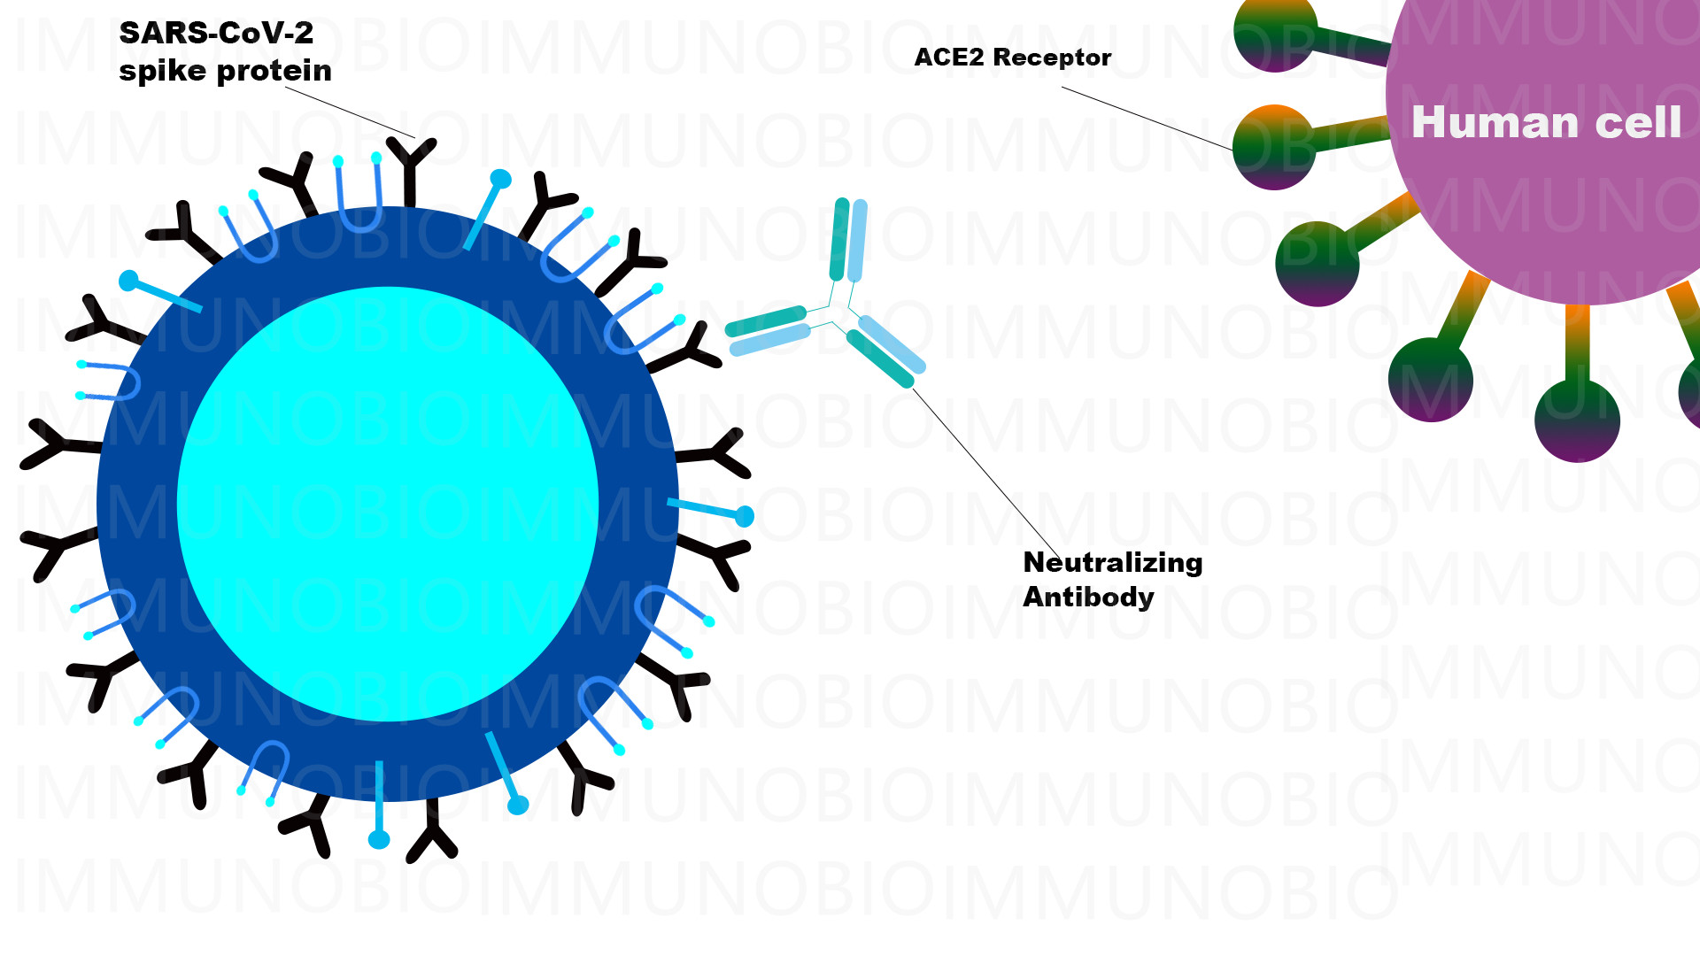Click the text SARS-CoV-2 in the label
216,34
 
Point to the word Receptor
1052,58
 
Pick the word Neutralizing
1113,563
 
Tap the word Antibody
1088,597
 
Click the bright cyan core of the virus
388,505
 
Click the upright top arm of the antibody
848,240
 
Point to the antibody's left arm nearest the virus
768,330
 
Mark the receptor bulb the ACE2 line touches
1273,147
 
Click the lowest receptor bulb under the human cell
1577,420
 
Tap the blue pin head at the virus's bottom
379,839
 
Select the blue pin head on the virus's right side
745,516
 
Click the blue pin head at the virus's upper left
129,281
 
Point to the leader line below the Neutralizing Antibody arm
986,471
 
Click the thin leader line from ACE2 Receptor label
1147,118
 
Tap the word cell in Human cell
1638,122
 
